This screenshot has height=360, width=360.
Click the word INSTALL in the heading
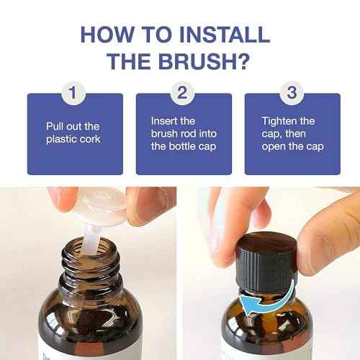click(225, 35)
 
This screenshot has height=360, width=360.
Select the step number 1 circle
click(73, 93)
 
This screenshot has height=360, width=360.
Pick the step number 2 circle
click(182, 93)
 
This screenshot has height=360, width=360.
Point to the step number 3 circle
click(292, 93)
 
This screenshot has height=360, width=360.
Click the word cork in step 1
click(90, 139)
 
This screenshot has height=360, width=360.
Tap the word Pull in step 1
click(53, 126)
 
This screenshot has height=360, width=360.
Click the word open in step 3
click(273, 147)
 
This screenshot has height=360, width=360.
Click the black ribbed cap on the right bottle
click(267, 262)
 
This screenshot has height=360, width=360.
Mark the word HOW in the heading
click(107, 35)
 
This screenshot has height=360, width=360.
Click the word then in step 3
click(295, 134)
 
